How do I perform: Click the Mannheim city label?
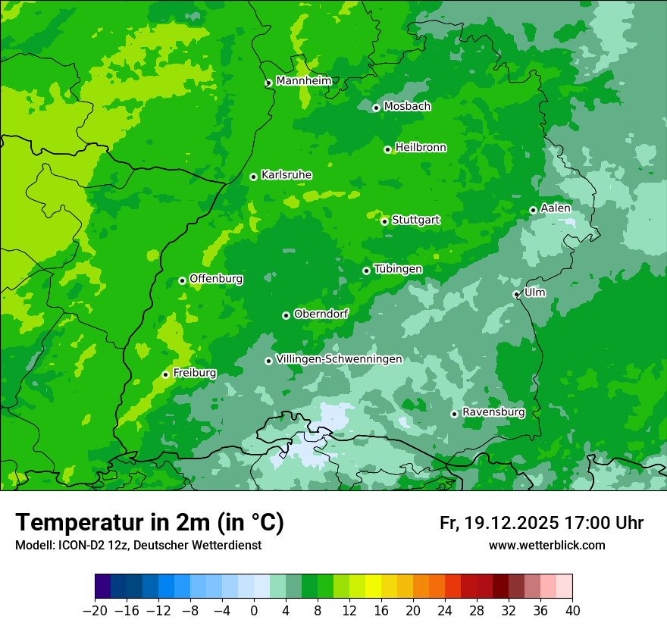point(303,81)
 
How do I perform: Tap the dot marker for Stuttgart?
point(384,221)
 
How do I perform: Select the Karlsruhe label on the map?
point(286,175)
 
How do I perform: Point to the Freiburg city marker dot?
point(165,374)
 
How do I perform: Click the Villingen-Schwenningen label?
point(339,359)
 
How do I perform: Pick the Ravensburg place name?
point(493,412)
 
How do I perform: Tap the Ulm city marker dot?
point(516,294)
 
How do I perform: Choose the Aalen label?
point(556,208)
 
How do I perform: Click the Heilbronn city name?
point(421,148)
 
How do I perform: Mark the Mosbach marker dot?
point(376,108)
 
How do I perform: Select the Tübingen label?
point(398,269)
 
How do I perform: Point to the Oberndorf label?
point(321,314)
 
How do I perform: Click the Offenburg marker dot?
point(182,280)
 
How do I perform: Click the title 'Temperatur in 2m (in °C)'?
point(149,523)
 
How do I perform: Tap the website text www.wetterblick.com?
point(546,545)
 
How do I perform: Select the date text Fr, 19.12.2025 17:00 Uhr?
point(541,523)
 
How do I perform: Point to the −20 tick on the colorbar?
point(95,611)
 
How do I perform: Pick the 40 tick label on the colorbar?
point(572,611)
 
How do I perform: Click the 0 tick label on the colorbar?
point(254,611)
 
